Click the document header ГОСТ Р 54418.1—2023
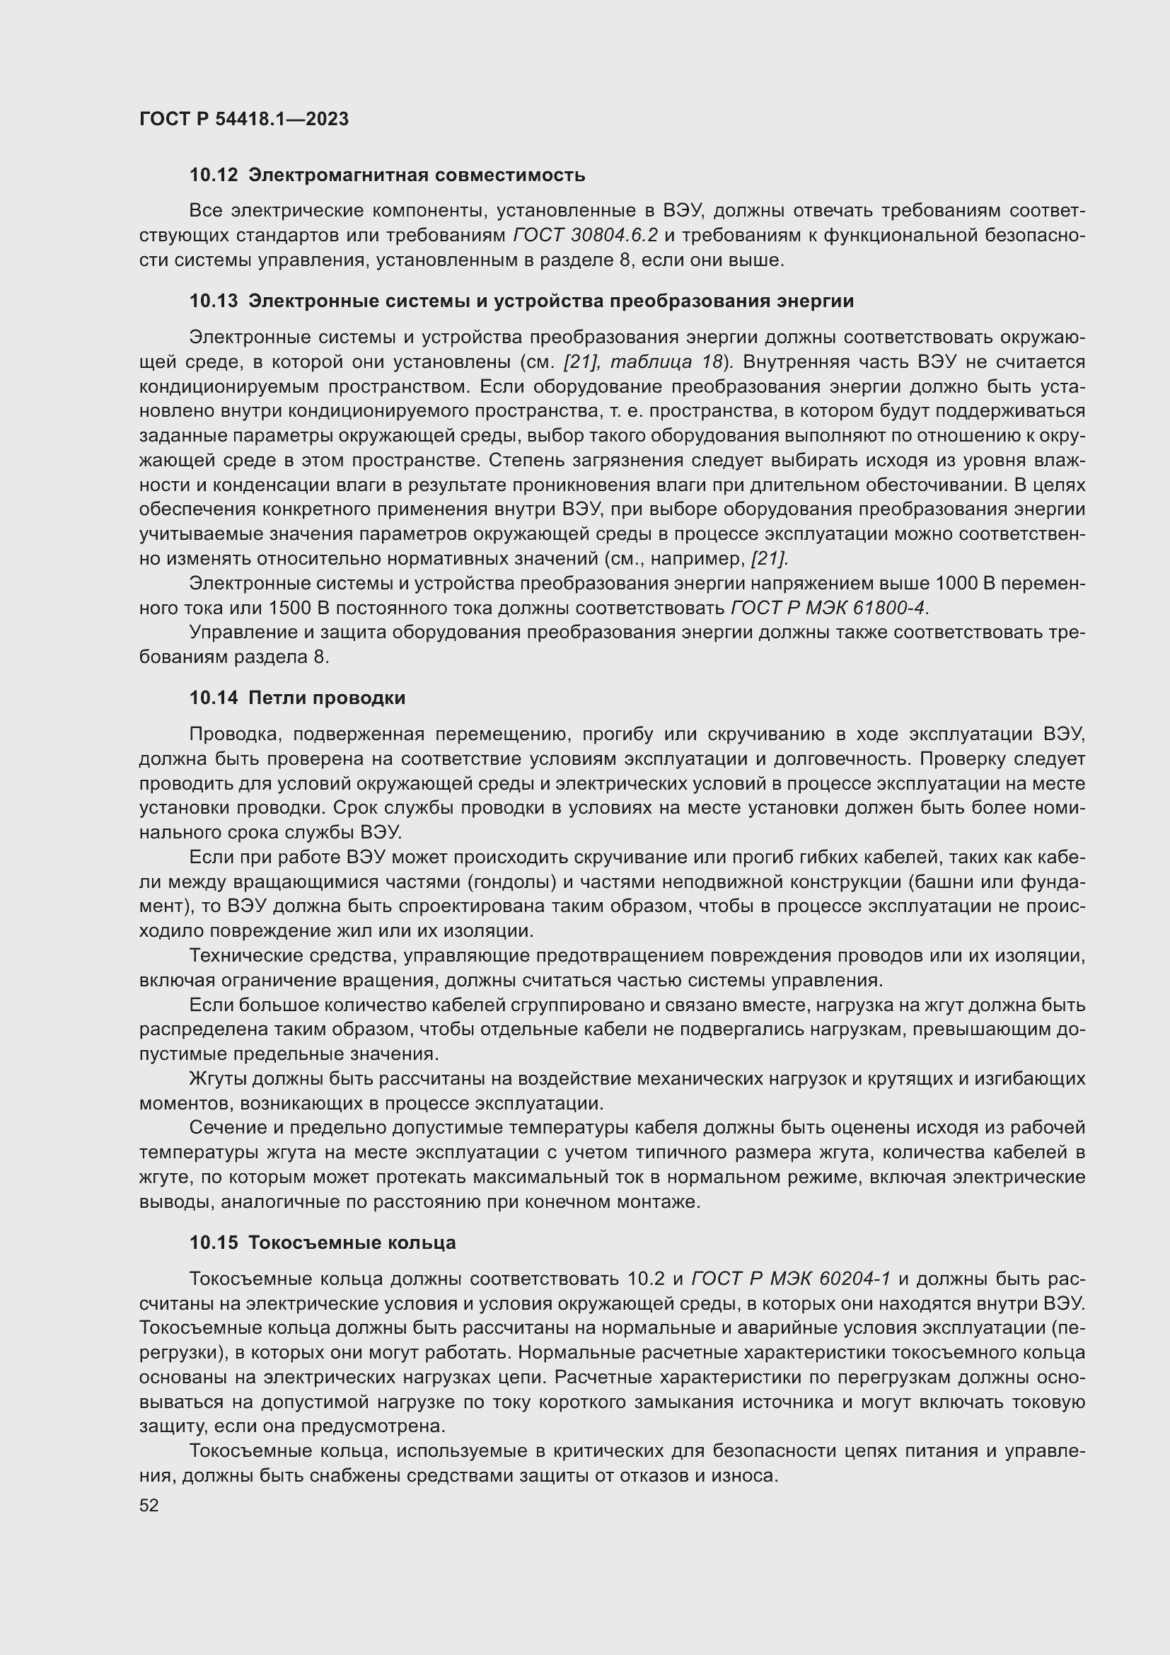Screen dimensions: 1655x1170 coord(243,119)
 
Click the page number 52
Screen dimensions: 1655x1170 coord(149,1505)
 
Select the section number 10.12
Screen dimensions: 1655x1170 coord(213,175)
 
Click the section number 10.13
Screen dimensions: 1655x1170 coord(213,301)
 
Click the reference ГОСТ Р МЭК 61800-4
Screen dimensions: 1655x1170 coord(828,608)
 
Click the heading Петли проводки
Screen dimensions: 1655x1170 coord(326,698)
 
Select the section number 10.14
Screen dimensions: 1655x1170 coord(213,698)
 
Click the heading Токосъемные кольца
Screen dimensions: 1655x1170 coord(352,1242)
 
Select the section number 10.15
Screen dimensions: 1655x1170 coord(213,1242)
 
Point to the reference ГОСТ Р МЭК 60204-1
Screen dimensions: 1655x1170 coord(790,1279)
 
